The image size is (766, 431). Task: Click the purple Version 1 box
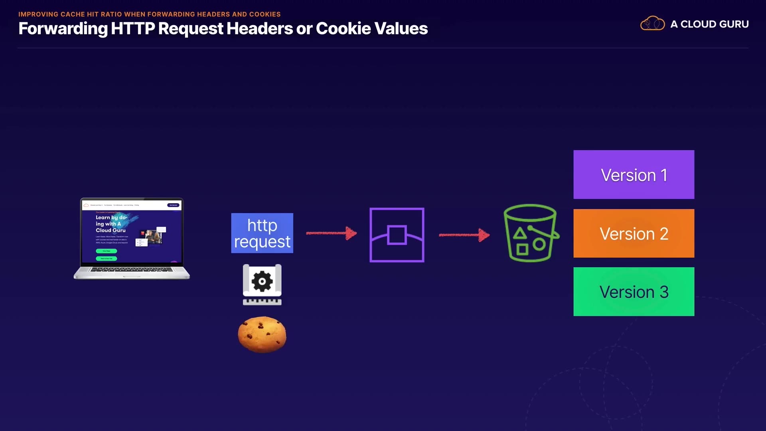click(634, 174)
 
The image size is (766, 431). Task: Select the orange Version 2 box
click(634, 233)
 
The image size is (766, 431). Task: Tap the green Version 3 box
click(634, 291)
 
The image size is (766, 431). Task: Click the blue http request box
click(262, 233)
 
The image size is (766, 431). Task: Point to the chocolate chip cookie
click(262, 334)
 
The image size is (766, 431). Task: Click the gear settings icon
click(262, 282)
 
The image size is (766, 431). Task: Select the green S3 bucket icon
click(530, 233)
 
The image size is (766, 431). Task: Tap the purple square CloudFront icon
click(397, 235)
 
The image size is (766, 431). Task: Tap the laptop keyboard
click(132, 270)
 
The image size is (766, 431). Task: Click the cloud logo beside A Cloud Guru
click(652, 24)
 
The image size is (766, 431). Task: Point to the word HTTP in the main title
click(133, 28)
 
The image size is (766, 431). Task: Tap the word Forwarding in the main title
click(63, 29)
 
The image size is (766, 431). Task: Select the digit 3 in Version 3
click(664, 292)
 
